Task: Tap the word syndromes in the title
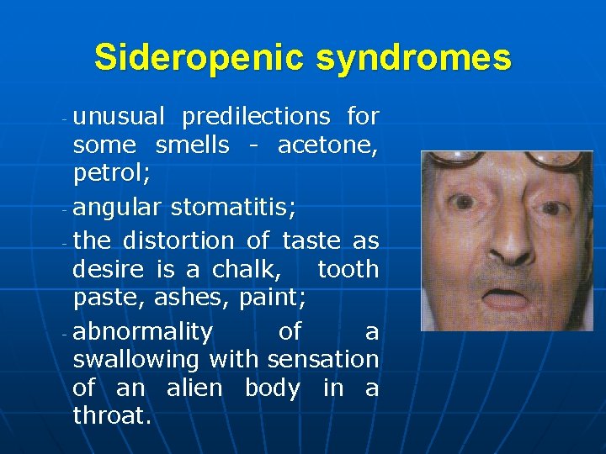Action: point(412,57)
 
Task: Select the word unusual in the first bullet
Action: point(120,116)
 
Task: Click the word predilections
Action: point(256,116)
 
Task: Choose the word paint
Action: point(264,298)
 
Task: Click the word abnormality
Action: point(142,331)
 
